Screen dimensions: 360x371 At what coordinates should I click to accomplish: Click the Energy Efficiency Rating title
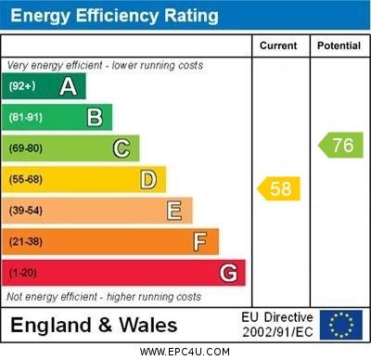[x=114, y=16]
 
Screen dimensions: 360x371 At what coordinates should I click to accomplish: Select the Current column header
[x=278, y=45]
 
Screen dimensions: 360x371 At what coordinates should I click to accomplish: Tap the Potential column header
[x=339, y=45]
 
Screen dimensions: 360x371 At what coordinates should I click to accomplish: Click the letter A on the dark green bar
[x=68, y=86]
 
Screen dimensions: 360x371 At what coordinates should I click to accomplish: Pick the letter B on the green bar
[x=95, y=117]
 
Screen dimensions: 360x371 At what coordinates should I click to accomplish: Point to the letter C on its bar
[x=122, y=148]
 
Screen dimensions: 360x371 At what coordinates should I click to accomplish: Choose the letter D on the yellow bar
[x=148, y=179]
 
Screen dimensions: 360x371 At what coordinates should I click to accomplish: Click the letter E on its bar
[x=174, y=211]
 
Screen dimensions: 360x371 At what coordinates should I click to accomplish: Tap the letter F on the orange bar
[x=200, y=242]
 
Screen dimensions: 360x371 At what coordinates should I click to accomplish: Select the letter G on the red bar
[x=228, y=273]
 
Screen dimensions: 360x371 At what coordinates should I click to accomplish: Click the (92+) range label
[x=22, y=87]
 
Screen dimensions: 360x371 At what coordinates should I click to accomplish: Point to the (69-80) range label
[x=26, y=148]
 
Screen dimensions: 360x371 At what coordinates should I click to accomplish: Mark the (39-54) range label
[x=26, y=211]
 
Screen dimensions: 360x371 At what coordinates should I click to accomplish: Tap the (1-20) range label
[x=23, y=274]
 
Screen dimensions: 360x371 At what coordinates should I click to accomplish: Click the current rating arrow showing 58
[x=279, y=189]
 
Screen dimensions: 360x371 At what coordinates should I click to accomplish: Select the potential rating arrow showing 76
[x=340, y=145]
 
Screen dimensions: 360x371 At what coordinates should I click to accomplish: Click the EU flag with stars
[x=340, y=325]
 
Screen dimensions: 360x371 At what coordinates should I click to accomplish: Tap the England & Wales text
[x=93, y=326]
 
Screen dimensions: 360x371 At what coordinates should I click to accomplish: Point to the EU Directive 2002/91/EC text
[x=277, y=325]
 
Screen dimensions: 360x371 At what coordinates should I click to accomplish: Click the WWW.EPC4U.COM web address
[x=185, y=352]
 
